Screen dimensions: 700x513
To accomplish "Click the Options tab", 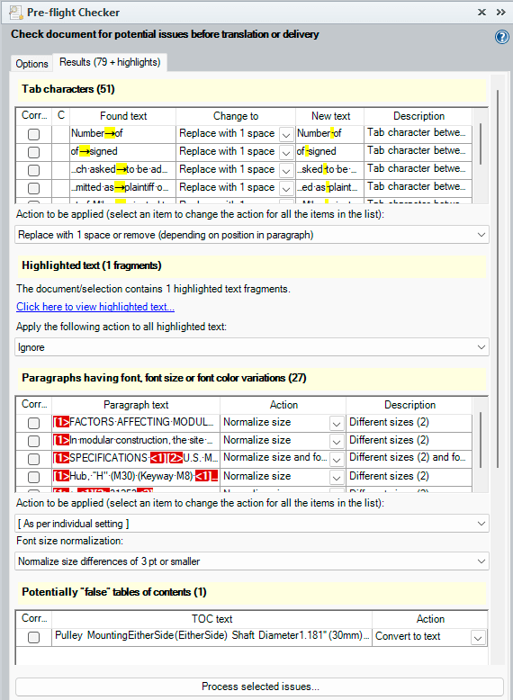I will tap(31, 64).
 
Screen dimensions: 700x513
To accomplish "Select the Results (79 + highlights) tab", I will tap(110, 62).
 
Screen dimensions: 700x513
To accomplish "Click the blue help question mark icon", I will tap(502, 37).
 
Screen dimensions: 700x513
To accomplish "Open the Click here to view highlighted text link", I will tap(95, 307).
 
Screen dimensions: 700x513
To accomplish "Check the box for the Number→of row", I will tap(33, 134).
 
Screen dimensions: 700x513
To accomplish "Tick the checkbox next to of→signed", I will tap(33, 152).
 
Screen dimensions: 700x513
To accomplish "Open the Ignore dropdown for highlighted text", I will tap(252, 346).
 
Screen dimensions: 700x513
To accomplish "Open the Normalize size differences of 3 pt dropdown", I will tap(252, 561).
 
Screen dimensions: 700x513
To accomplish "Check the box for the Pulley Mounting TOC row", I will tap(33, 637).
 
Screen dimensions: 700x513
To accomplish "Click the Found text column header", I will tap(123, 116).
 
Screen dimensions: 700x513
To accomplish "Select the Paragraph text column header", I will tap(135, 405).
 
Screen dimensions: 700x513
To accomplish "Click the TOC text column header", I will tap(211, 619).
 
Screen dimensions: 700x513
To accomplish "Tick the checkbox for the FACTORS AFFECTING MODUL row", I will tap(33, 423).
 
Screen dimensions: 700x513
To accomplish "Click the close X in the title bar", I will tap(482, 13).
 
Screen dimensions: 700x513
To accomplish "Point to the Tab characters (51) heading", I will tap(68, 89).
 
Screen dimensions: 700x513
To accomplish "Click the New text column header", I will tap(330, 116).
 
